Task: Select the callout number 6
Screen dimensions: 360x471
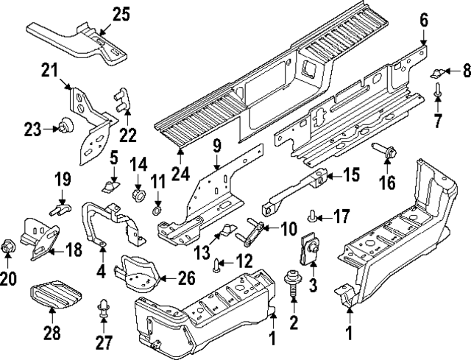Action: click(423, 21)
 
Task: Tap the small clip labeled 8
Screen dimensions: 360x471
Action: click(439, 73)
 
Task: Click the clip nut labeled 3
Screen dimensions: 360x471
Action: click(310, 247)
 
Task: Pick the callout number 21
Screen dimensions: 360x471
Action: click(49, 71)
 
